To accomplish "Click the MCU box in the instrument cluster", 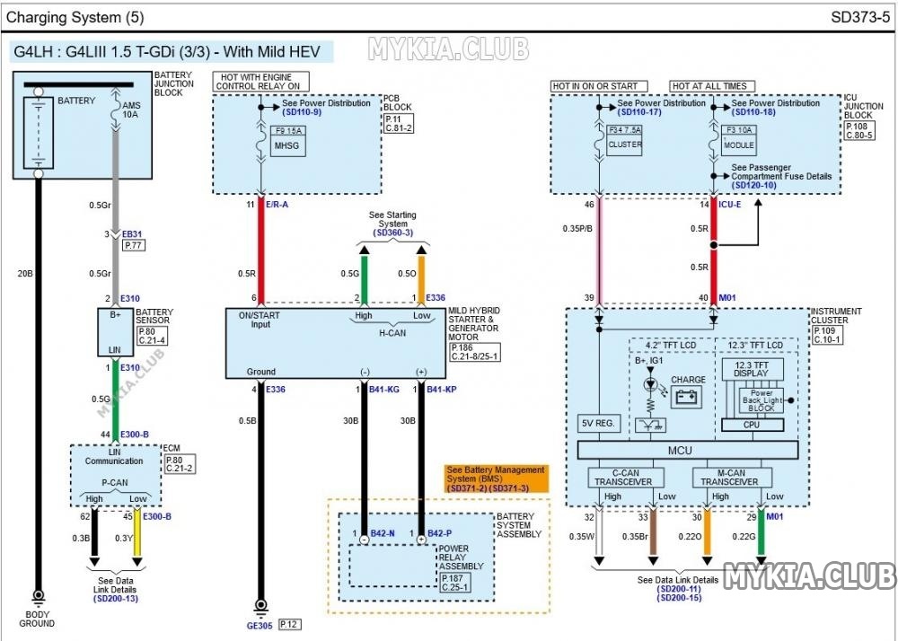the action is (x=687, y=450).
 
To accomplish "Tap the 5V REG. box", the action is (x=598, y=424).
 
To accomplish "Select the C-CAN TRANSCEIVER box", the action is (x=626, y=478).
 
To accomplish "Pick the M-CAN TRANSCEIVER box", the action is (x=732, y=478).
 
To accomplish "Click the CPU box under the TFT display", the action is (x=752, y=425).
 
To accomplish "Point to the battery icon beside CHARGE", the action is (x=689, y=397).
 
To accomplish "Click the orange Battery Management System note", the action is (x=497, y=479).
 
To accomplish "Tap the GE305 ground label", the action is (x=260, y=626).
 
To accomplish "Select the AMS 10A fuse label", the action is (x=130, y=110).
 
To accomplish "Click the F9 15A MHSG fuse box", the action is (x=288, y=141).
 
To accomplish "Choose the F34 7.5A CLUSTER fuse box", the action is (x=625, y=140).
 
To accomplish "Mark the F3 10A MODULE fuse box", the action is (x=739, y=140).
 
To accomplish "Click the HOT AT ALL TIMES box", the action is (x=712, y=86).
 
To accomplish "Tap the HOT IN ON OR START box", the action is (x=599, y=86).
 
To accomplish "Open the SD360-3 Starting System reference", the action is (x=393, y=233).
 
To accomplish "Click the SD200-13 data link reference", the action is (x=115, y=599).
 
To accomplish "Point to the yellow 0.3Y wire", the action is (x=136, y=531).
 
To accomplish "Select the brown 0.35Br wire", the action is (x=653, y=531).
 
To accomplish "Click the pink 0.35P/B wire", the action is (x=599, y=249).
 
